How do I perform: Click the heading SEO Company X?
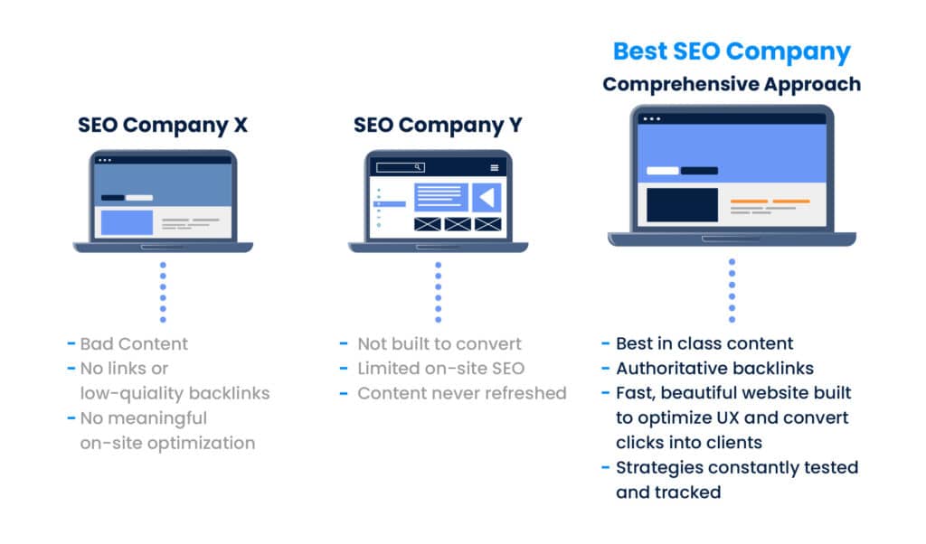(163, 125)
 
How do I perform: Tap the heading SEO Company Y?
(438, 125)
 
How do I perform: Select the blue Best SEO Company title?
(732, 52)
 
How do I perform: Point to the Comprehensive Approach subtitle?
(732, 84)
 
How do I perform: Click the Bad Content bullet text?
(134, 343)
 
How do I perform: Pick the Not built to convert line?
(439, 343)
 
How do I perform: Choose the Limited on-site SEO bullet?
(441, 368)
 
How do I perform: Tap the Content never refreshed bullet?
(462, 393)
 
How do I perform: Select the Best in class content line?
(704, 343)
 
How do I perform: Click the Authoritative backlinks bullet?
(714, 368)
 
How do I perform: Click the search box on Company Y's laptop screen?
(401, 167)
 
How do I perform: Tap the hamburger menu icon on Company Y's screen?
(495, 167)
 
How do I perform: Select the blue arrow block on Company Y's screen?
(487, 198)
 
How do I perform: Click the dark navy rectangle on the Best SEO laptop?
(682, 205)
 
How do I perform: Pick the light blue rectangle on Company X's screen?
(127, 222)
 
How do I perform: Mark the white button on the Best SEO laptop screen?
(663, 171)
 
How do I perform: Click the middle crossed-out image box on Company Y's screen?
(458, 224)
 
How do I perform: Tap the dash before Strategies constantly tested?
(605, 467)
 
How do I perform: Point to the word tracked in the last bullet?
(694, 492)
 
